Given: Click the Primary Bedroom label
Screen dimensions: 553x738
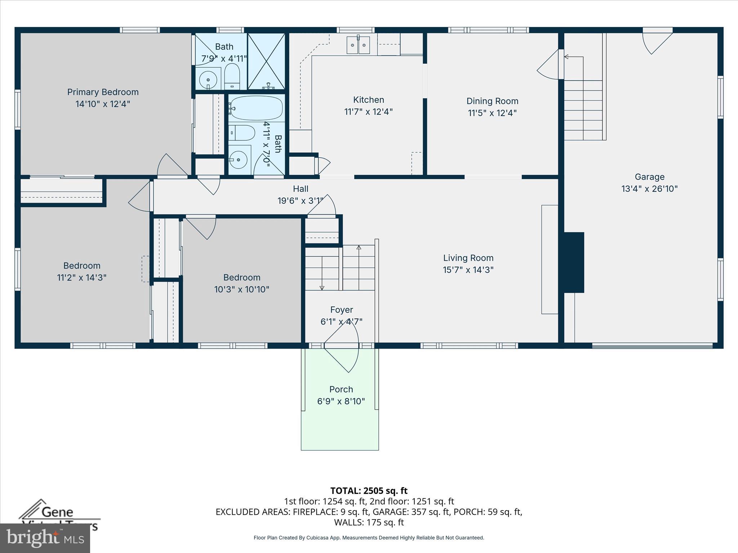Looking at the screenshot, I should [x=103, y=92].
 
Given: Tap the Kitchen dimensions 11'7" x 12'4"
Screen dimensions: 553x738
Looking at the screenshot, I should [x=368, y=112].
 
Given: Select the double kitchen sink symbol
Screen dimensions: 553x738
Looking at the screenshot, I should [x=358, y=45].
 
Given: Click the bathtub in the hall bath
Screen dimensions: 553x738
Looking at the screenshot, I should [x=256, y=108].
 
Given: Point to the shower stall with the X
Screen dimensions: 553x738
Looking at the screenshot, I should [x=266, y=61].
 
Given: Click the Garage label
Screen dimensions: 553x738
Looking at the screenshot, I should [x=649, y=177].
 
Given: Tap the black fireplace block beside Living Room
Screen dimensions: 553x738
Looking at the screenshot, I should [x=573, y=262].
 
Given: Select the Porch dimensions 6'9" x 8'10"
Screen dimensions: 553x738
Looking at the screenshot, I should [x=341, y=401].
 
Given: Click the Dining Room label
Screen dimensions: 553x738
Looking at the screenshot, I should [x=492, y=101].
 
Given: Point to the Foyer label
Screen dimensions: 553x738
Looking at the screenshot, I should [x=341, y=310].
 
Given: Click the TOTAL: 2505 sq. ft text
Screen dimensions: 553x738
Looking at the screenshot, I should [x=369, y=491].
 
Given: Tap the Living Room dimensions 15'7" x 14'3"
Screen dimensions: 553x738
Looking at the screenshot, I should [x=468, y=270].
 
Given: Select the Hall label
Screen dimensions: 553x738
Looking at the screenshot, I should [x=301, y=189].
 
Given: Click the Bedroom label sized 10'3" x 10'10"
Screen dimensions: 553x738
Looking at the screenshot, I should [x=241, y=278].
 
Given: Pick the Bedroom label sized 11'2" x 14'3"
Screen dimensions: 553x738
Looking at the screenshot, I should [x=82, y=266].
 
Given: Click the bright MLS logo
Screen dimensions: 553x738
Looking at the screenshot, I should [x=45, y=538].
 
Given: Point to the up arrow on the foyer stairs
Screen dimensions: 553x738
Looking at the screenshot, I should [x=359, y=248].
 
